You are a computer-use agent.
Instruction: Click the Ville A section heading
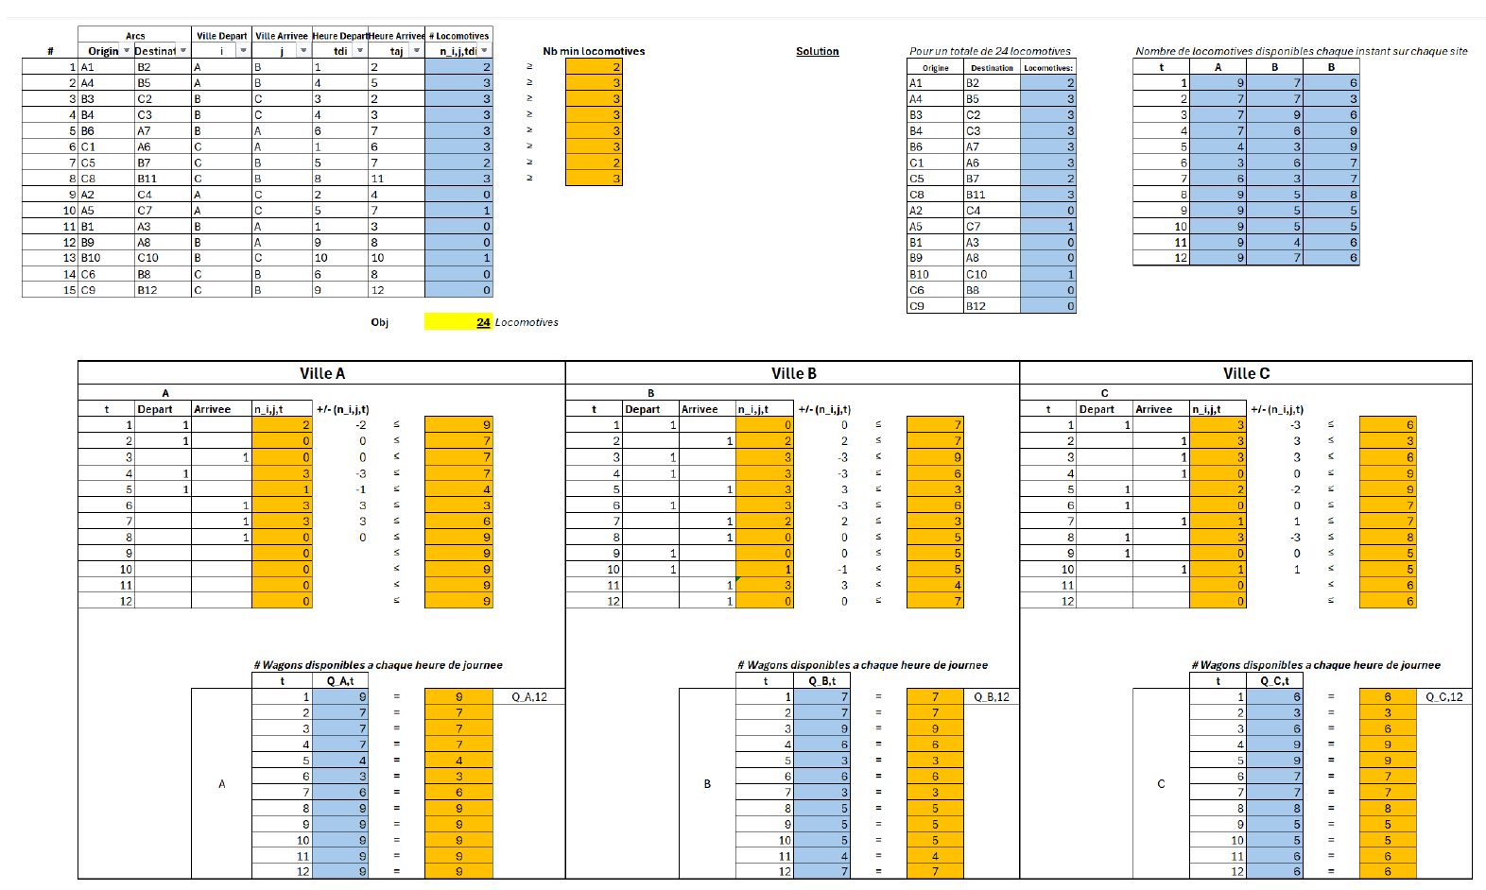[321, 373]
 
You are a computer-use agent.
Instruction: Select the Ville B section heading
[793, 373]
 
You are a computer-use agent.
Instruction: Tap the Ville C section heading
[1246, 373]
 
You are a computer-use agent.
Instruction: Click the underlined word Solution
[817, 51]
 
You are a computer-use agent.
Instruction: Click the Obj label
[379, 322]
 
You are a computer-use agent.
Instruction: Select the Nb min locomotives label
[594, 51]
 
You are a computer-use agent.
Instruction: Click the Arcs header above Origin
[135, 36]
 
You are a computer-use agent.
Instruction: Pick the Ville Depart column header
[221, 36]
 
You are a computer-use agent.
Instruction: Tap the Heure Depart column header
[339, 36]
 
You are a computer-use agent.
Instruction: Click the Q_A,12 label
[529, 697]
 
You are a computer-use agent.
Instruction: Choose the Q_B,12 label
[992, 697]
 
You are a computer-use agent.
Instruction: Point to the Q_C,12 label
[1444, 697]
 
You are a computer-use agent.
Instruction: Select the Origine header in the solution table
[935, 68]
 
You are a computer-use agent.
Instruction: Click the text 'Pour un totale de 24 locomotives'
[990, 51]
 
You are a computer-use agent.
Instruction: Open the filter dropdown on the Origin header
[127, 51]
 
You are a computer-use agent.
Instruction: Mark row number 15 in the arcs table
[69, 290]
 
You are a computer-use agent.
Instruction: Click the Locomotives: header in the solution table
[1048, 68]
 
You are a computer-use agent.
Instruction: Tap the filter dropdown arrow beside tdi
[360, 51]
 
